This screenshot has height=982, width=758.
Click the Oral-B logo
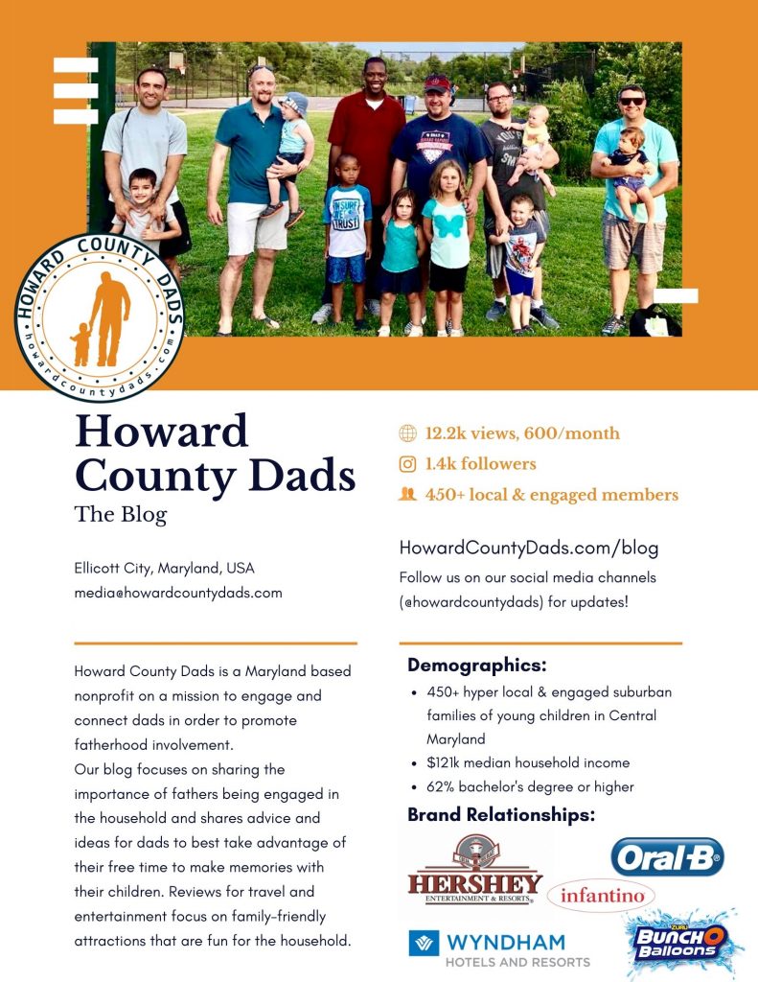667,856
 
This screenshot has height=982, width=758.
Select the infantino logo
601,897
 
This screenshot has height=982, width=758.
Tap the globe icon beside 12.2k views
407,433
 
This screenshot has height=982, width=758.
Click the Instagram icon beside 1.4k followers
407,464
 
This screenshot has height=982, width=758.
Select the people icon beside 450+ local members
407,495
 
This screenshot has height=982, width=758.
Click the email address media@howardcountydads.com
178,593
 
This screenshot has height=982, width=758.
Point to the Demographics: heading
476,666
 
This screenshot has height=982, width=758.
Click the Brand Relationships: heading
501,815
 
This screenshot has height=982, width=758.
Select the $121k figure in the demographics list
445,763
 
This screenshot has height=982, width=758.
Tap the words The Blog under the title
121,514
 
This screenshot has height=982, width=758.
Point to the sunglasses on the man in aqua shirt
632,101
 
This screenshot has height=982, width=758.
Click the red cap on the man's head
437,82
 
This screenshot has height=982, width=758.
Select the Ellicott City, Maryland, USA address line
165,568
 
